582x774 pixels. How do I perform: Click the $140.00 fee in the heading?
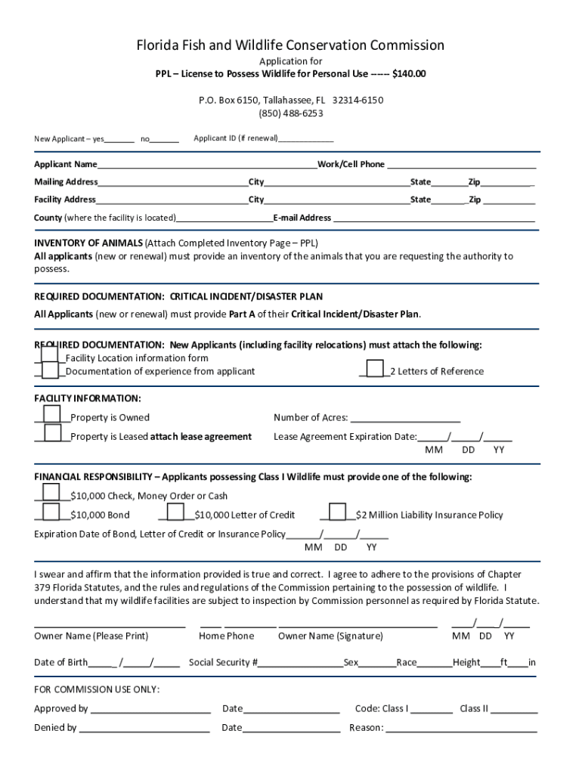[409, 73]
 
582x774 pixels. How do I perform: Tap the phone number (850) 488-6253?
[291, 113]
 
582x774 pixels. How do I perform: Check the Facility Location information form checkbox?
[50, 354]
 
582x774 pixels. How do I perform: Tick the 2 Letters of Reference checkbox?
[374, 368]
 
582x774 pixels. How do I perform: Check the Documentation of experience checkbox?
[50, 370]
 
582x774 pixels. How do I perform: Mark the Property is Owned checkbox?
[52, 414]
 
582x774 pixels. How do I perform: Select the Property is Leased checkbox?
[52, 433]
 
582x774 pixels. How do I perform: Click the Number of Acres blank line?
[405, 418]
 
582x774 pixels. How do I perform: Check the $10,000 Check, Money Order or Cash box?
[51, 493]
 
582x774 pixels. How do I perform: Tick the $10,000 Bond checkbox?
[51, 512]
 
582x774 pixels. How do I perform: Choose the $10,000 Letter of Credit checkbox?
[175, 512]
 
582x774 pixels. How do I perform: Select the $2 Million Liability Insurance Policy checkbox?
[337, 512]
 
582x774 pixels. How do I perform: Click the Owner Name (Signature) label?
[330, 636]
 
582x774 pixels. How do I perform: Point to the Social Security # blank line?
[301, 663]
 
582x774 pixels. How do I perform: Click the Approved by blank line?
[150, 709]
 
